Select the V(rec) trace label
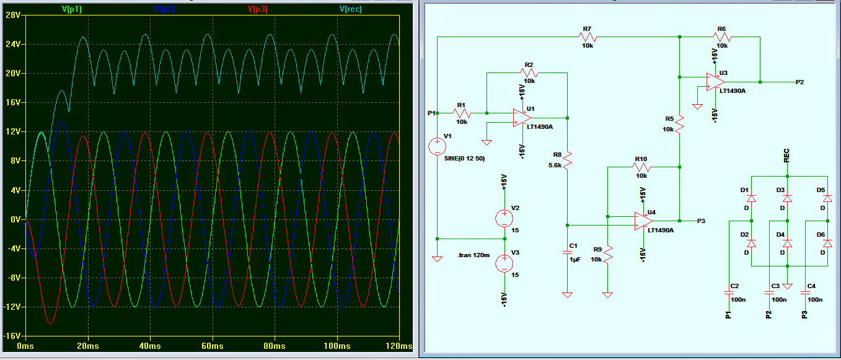350,9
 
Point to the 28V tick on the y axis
13,15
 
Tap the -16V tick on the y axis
12,335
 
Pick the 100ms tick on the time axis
337,345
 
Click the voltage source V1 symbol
438,147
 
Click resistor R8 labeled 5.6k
567,161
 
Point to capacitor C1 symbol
567,252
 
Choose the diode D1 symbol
751,199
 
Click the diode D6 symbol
827,244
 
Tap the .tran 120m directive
473,255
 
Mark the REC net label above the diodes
786,156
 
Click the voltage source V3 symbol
504,263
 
